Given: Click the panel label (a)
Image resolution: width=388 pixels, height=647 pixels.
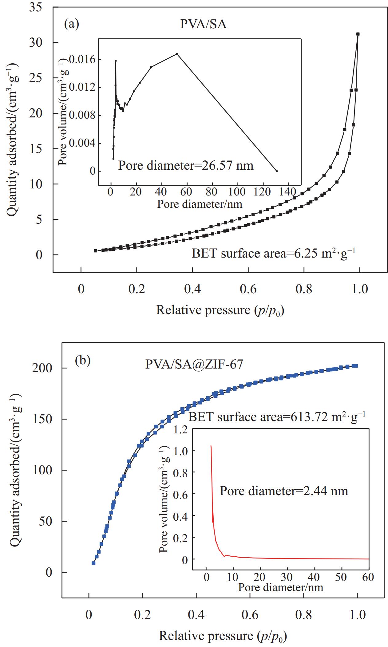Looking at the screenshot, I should click(71, 24).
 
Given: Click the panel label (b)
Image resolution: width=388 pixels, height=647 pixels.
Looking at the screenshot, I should click(83, 361).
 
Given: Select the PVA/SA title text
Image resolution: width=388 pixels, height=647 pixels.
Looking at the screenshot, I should click(203, 24).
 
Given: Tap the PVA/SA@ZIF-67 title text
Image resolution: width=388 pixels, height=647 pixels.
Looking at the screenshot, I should click(194, 364).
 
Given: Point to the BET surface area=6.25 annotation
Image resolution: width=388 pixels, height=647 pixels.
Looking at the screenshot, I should click(273, 254).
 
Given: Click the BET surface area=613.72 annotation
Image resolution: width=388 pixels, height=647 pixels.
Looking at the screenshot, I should click(277, 417).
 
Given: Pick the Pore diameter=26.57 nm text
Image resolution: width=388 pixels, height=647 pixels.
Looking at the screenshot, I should click(186, 165).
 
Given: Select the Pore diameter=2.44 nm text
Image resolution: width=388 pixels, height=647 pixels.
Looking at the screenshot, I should click(283, 491).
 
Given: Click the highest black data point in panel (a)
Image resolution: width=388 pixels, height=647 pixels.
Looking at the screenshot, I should click(358, 34).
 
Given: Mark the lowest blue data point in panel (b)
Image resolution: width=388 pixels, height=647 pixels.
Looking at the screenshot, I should click(93, 563).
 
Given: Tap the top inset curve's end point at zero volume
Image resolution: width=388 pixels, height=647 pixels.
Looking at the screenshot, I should click(277, 171).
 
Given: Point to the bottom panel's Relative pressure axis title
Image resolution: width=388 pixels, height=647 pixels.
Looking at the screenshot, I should click(223, 636).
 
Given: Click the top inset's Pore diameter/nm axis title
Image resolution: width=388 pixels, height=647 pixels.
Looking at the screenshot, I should click(200, 204).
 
